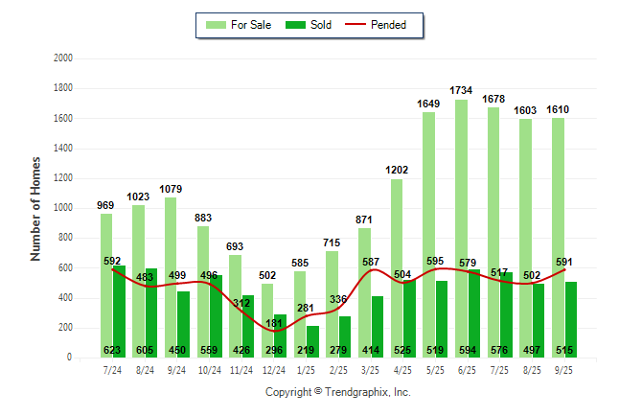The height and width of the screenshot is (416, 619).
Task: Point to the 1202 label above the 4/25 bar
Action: tap(396, 170)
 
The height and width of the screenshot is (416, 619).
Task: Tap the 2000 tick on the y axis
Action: tap(63, 58)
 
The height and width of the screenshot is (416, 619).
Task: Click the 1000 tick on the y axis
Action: tap(63, 208)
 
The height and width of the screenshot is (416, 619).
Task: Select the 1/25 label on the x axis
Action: tap(306, 368)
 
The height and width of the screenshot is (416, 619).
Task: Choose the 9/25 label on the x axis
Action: tap(563, 368)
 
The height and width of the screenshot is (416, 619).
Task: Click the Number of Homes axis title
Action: tap(35, 208)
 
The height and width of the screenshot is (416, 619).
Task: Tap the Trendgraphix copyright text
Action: tap(337, 392)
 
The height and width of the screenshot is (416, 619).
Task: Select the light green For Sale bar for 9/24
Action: tap(171, 277)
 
